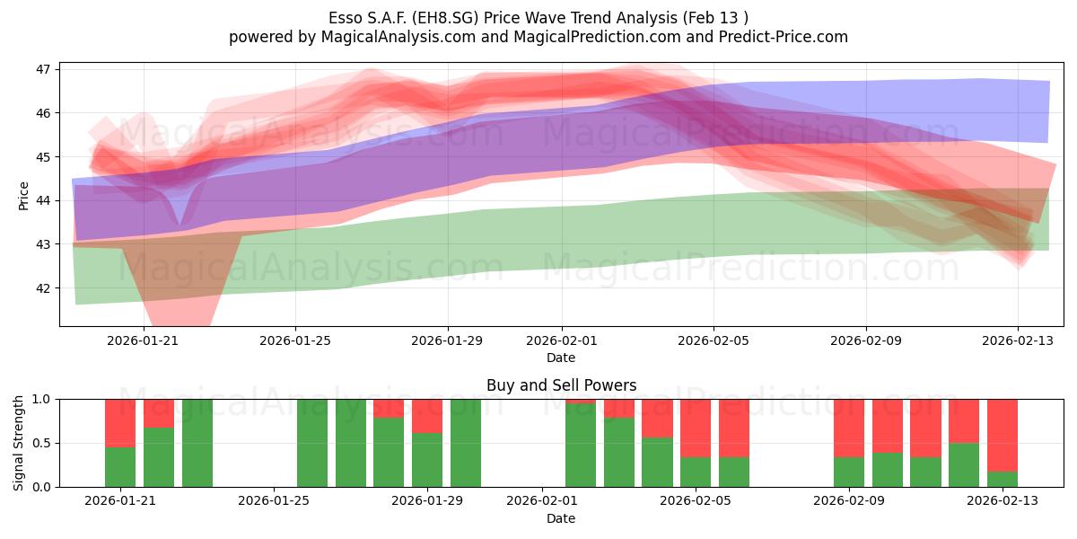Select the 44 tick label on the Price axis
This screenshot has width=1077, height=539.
(x=43, y=200)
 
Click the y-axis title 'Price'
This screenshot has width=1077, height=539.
(x=23, y=196)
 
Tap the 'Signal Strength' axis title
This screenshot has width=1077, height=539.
(x=18, y=443)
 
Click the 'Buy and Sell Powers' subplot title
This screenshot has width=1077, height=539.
(x=561, y=385)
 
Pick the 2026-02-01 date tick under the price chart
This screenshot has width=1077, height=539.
(x=561, y=340)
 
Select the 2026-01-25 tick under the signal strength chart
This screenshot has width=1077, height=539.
(x=274, y=501)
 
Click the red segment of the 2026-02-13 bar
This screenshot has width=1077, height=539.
(x=1003, y=436)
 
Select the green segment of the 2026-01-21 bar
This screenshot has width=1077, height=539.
(x=120, y=467)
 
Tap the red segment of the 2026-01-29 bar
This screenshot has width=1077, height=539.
(x=427, y=416)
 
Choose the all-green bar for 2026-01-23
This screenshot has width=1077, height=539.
(x=197, y=443)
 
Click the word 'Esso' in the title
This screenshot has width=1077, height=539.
(x=346, y=18)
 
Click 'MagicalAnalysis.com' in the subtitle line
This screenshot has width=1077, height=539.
(x=398, y=37)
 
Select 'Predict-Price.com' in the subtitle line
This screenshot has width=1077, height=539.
(x=784, y=37)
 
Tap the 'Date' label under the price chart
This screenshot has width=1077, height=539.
(x=561, y=358)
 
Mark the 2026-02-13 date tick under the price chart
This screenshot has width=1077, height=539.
(x=1018, y=340)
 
